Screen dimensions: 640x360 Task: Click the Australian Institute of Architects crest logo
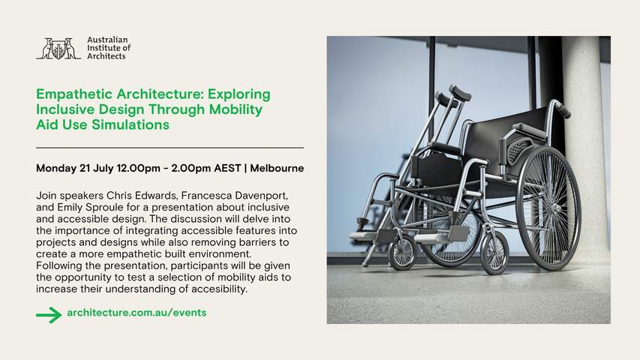click(x=59, y=49)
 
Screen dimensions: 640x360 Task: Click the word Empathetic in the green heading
click(x=74, y=94)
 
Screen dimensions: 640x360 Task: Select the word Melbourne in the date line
click(x=277, y=168)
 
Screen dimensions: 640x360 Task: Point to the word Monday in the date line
click(x=56, y=169)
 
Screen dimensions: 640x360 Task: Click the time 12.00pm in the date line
click(x=138, y=169)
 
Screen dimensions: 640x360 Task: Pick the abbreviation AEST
click(x=227, y=168)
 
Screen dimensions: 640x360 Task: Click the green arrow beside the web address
click(x=49, y=315)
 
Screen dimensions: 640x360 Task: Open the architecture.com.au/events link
click(x=137, y=313)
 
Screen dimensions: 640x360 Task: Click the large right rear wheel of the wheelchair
click(x=548, y=208)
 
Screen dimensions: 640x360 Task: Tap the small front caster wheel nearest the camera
click(x=494, y=253)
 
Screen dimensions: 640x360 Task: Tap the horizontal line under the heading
click(x=170, y=148)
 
